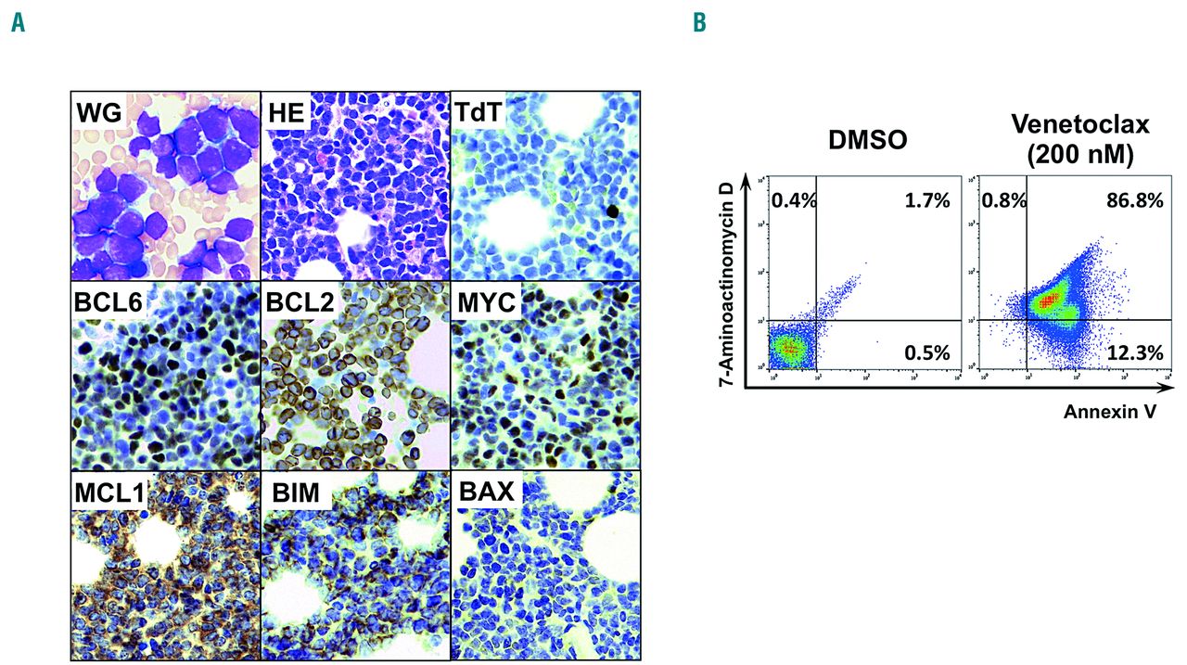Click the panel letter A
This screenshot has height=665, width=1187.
click(x=18, y=23)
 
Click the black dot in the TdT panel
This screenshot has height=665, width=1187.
click(x=612, y=211)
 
